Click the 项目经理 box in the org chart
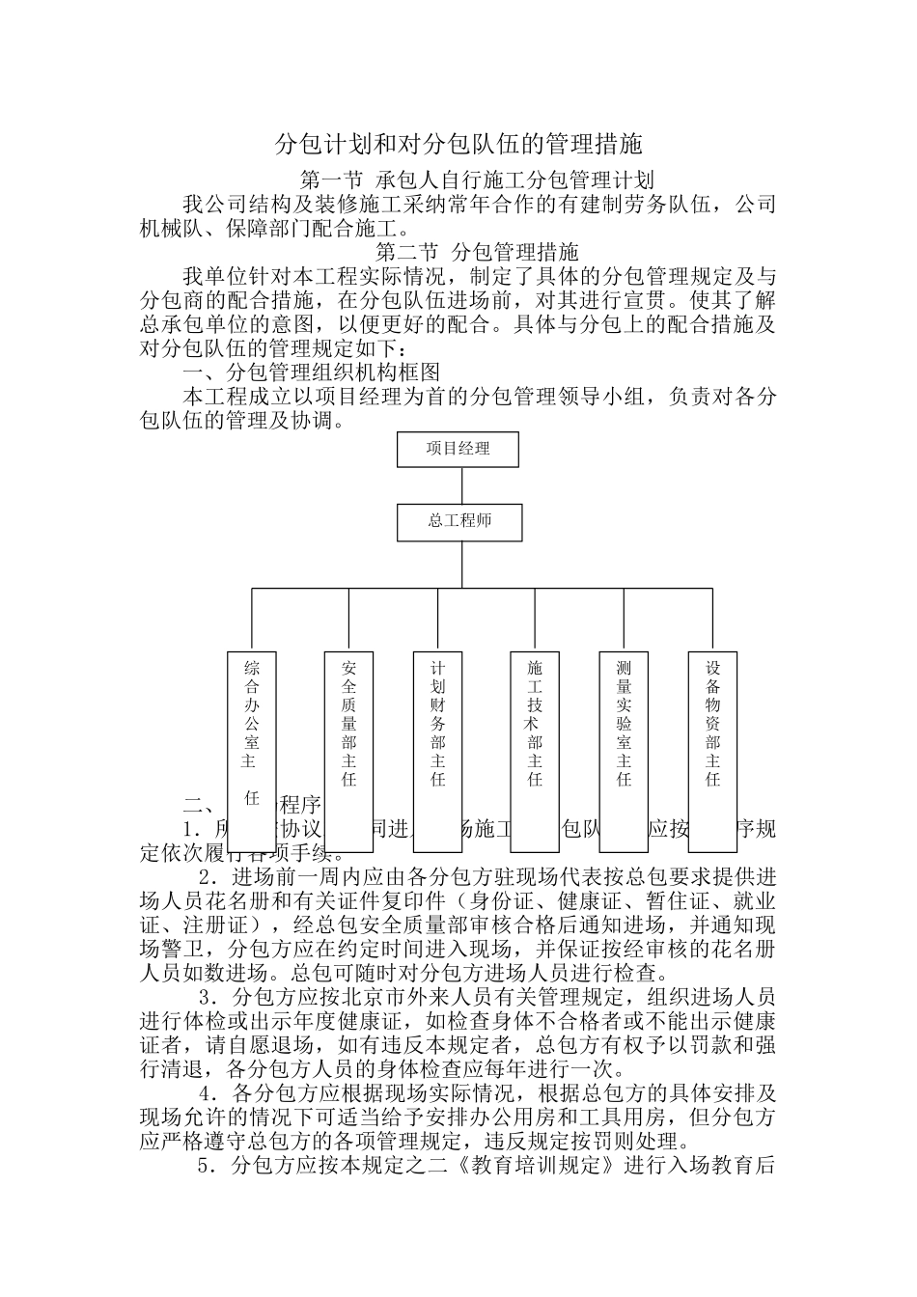tap(458, 449)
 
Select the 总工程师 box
tap(459, 522)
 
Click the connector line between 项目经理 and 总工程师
tap(459, 485)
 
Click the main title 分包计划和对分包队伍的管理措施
tap(458, 145)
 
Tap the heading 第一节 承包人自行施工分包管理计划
tap(478, 179)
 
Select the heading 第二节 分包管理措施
tap(477, 252)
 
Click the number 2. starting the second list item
tap(206, 878)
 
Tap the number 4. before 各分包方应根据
tap(206, 1094)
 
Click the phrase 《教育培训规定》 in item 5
tap(537, 1166)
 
